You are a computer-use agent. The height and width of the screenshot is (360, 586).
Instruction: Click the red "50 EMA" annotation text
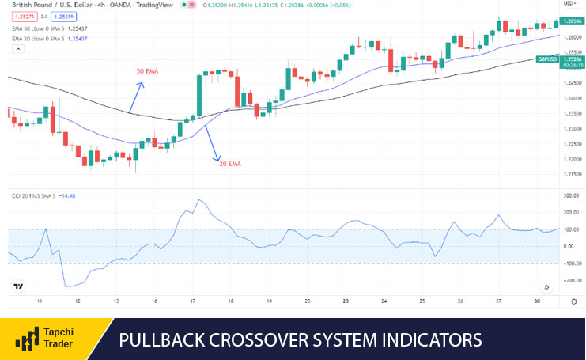(x=147, y=71)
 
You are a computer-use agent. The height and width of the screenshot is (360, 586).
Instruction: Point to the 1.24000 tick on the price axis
(x=573, y=98)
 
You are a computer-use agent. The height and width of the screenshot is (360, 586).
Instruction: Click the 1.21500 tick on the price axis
(x=573, y=173)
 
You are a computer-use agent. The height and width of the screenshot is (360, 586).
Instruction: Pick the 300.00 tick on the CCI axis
(x=571, y=195)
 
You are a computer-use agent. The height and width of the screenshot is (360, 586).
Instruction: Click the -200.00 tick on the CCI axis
(x=571, y=280)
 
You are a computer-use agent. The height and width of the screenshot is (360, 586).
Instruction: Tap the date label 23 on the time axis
(x=345, y=301)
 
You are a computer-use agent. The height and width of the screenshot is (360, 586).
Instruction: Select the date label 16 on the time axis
(x=154, y=301)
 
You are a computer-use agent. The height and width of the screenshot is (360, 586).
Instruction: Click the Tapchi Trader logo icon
(x=28, y=341)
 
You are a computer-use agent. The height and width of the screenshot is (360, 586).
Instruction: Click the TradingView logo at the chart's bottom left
(x=18, y=287)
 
